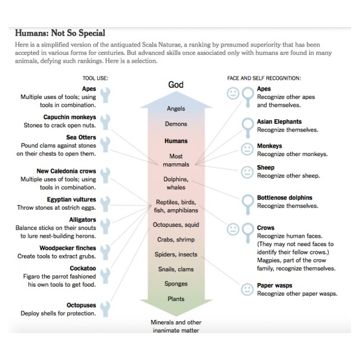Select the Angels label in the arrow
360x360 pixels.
point(175,109)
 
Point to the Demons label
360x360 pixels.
point(175,124)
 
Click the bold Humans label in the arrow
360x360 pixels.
point(175,142)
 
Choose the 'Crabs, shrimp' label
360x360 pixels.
point(175,240)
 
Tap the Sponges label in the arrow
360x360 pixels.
point(175,284)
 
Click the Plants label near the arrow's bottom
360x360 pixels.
point(175,299)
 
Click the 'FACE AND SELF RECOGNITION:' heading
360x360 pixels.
point(263,78)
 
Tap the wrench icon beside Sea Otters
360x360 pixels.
point(105,144)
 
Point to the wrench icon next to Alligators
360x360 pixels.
point(105,225)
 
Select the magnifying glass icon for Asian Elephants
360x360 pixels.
point(247,126)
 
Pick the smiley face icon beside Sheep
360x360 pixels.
point(246,172)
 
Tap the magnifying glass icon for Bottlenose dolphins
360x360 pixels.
point(247,202)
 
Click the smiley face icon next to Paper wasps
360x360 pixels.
point(246,290)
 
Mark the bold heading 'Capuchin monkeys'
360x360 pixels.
point(69,117)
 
